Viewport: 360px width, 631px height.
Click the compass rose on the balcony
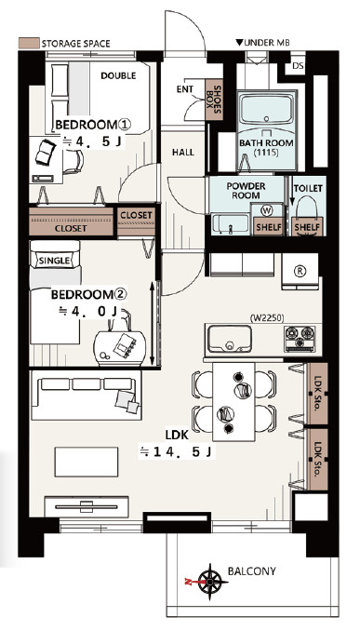tap(211, 582)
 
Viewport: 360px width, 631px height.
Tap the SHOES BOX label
tap(214, 99)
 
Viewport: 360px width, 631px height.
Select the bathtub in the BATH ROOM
tap(266, 108)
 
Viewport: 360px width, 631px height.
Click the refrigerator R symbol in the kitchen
tap(300, 271)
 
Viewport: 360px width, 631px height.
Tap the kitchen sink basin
tap(230, 339)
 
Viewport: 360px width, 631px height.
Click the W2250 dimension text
tap(267, 318)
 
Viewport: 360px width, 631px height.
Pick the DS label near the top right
tap(298, 65)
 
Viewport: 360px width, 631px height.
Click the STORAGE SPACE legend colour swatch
tap(29, 43)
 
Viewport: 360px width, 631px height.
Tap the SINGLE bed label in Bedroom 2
tap(54, 261)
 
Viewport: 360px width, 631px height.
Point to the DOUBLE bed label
tap(118, 75)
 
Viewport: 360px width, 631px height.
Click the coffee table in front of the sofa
tap(87, 462)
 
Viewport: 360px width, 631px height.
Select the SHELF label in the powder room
tap(269, 227)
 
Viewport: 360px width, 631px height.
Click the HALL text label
tap(183, 152)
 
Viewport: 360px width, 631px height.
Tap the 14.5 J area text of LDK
tap(176, 452)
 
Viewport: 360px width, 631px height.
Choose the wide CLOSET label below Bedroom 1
tap(71, 229)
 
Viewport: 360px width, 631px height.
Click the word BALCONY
tap(252, 571)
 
